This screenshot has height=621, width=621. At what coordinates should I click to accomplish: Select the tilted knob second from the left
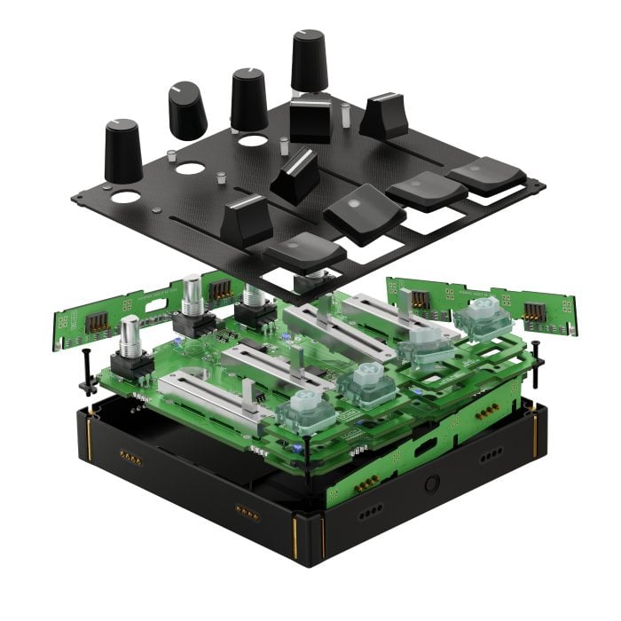click(x=187, y=110)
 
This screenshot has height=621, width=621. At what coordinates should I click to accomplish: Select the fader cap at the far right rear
click(x=384, y=114)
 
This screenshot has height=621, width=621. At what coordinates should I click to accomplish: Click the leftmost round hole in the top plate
click(x=125, y=196)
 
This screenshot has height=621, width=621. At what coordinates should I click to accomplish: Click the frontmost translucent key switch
click(x=303, y=408)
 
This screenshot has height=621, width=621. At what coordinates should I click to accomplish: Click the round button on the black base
click(x=433, y=484)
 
